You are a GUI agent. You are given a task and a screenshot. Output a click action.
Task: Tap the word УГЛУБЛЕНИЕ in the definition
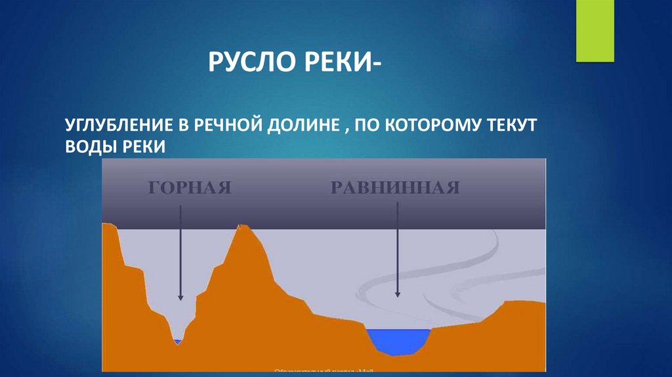click(113, 125)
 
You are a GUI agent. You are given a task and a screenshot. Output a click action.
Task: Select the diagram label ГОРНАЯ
click(190, 188)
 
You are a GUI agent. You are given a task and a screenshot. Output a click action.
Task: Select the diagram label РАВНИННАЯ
click(394, 188)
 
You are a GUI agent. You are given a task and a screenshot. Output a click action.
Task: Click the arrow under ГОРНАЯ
click(180, 250)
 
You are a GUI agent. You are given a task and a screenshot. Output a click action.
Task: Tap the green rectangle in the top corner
click(595, 31)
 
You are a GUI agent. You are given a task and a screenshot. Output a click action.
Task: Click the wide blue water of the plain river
click(398, 340)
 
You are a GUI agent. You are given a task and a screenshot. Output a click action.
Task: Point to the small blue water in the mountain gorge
click(177, 342)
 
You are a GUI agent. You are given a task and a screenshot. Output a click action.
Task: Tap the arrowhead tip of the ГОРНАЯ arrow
click(180, 299)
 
